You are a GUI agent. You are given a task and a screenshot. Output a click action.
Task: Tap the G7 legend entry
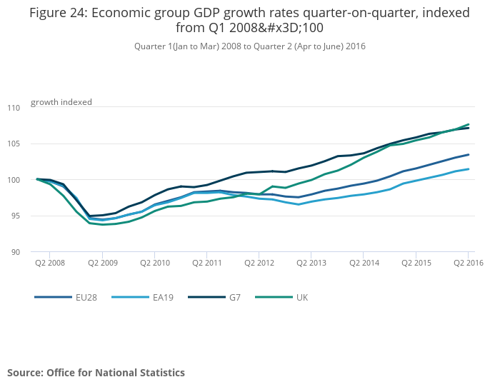222,296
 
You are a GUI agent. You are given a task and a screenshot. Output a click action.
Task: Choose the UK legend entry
291,296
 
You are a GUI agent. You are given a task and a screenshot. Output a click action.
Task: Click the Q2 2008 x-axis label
49,263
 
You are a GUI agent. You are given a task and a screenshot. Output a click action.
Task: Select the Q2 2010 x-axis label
154,263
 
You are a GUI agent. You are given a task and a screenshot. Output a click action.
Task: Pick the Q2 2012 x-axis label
259,263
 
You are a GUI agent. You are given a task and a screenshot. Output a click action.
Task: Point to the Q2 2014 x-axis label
364,263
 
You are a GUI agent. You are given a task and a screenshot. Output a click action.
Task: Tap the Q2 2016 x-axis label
468,263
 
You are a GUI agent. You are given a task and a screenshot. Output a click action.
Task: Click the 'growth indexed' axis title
61,102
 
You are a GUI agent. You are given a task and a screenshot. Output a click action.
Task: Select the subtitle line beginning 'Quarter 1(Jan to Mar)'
249,46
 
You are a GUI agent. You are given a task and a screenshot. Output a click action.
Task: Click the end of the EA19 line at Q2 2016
469,169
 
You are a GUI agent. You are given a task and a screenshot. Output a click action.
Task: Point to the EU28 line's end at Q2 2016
469,154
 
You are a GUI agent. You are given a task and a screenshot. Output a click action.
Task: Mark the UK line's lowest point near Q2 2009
104,225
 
